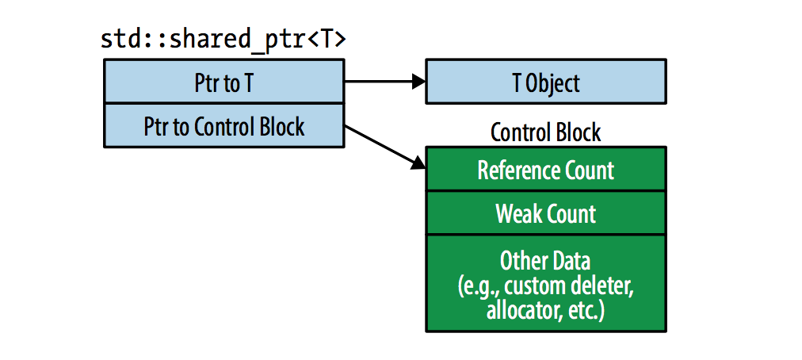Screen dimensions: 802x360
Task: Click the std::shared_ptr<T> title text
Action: (x=223, y=40)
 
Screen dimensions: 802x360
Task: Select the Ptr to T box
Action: (x=224, y=81)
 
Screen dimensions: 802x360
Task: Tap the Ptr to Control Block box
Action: (x=224, y=125)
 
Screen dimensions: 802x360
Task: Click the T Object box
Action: (x=546, y=81)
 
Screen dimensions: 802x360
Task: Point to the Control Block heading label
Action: (x=546, y=132)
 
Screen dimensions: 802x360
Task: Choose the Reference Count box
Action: (x=546, y=169)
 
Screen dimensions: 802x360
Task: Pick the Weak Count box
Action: (x=546, y=213)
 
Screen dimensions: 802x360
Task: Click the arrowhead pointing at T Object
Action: (x=419, y=81)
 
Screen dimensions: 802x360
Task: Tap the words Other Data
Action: (x=545, y=261)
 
